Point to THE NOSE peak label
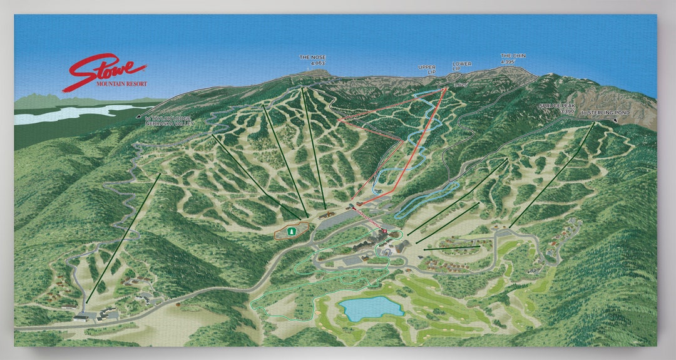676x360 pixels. click(312, 57)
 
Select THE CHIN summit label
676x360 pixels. click(513, 56)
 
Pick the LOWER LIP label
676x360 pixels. click(461, 64)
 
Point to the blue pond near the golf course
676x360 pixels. click(371, 307)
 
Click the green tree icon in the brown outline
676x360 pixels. click(290, 232)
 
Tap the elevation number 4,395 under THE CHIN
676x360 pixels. click(508, 62)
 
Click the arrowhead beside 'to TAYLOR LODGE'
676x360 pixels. click(138, 116)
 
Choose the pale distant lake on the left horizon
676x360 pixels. click(75, 113)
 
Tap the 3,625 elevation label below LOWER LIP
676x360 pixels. click(460, 84)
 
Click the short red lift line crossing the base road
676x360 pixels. click(369, 220)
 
